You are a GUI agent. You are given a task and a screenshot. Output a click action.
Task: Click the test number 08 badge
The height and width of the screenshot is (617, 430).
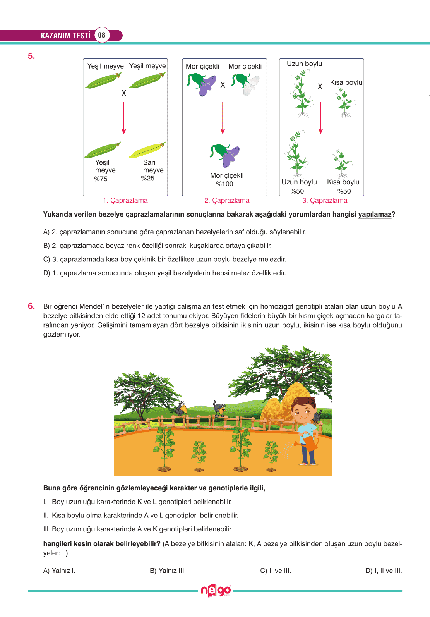click(101, 35)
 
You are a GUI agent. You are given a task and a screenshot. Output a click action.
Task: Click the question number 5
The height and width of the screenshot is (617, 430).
click(31, 56)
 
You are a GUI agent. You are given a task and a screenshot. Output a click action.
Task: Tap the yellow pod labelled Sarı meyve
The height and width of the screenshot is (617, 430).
click(147, 150)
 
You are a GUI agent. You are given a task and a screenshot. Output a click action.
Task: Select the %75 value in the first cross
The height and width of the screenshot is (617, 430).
click(101, 179)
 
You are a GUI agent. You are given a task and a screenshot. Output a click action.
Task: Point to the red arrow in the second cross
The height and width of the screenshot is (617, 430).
click(223, 118)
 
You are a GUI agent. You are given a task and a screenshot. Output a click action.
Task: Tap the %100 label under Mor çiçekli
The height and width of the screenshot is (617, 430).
click(224, 184)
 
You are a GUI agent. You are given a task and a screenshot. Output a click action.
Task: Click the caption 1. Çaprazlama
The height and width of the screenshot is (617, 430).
click(125, 201)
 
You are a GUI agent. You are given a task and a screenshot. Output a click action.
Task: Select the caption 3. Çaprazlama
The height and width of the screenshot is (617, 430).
click(325, 201)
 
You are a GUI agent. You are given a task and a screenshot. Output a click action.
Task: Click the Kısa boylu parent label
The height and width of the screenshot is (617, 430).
click(346, 82)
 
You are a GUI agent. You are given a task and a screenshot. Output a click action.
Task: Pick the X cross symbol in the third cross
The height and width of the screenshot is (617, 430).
click(320, 87)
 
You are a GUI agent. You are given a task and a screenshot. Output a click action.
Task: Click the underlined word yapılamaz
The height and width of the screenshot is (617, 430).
click(375, 215)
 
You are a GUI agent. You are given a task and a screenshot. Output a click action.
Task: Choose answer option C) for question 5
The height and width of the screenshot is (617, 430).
click(164, 259)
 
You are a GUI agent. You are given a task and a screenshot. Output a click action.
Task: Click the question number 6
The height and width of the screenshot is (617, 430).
click(31, 306)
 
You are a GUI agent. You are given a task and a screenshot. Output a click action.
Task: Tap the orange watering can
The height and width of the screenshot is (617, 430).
click(308, 442)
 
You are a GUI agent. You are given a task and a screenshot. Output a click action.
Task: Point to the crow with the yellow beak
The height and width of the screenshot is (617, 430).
click(180, 409)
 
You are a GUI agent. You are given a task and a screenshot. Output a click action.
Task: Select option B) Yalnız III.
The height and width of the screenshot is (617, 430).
click(168, 571)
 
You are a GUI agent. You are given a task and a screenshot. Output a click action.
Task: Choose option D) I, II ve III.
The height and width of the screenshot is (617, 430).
click(384, 571)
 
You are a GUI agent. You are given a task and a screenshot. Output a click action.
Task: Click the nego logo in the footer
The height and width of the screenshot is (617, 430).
click(216, 591)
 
